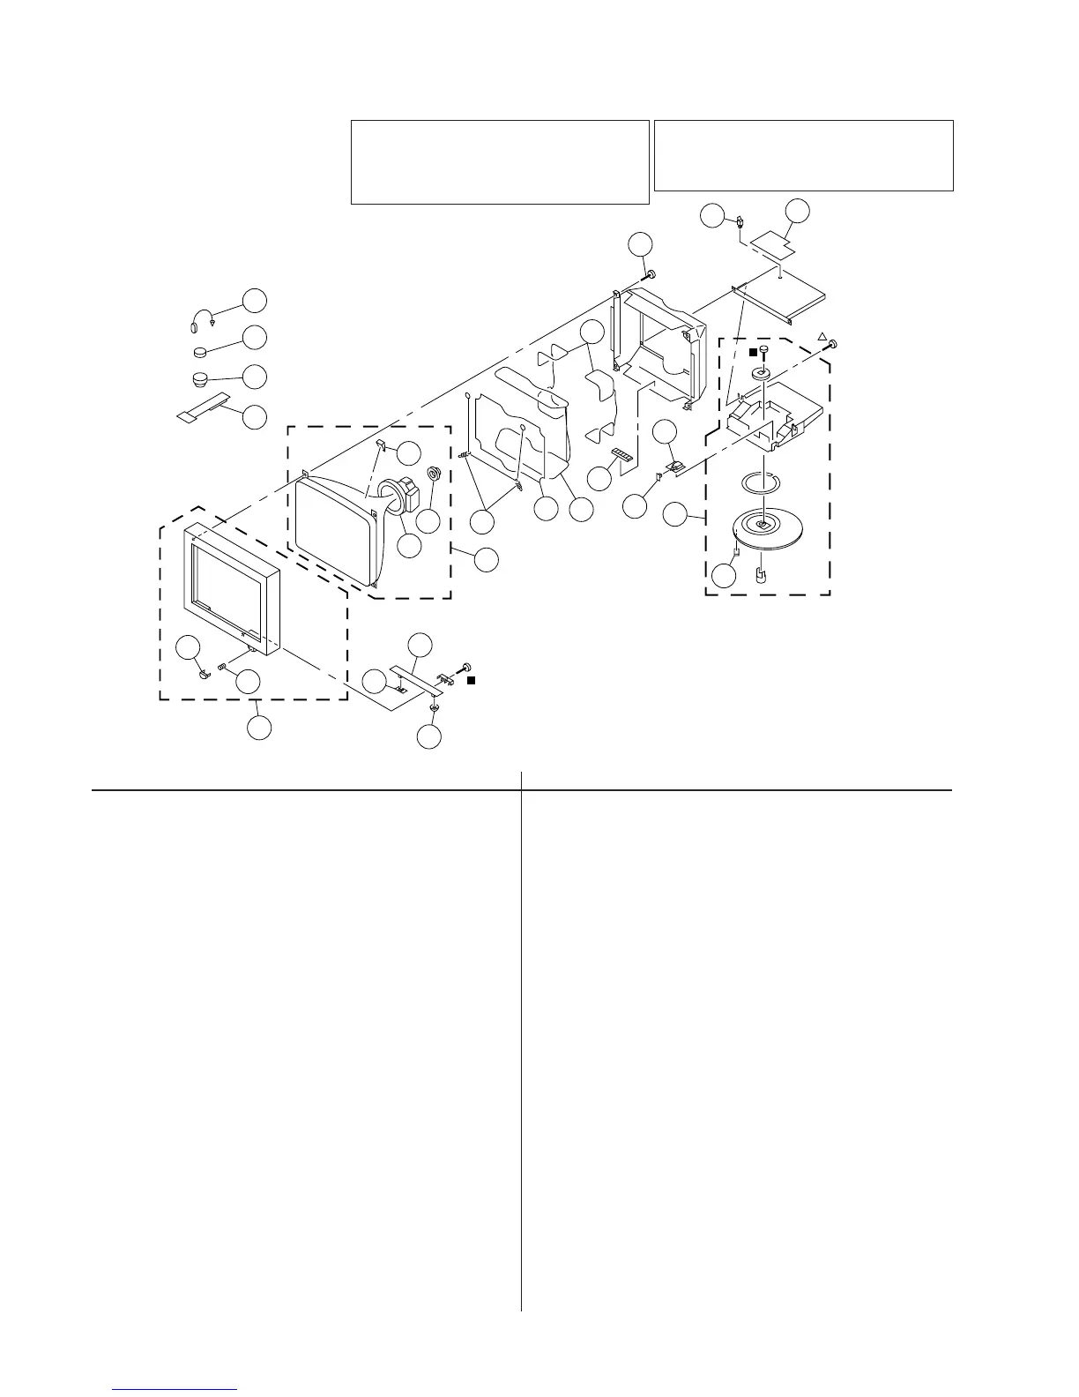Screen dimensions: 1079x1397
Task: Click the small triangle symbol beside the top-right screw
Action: (822, 337)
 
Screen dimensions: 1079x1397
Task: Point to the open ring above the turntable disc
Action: (761, 482)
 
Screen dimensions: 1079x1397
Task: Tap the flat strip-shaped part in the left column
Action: (202, 407)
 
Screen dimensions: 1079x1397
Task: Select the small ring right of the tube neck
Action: (434, 474)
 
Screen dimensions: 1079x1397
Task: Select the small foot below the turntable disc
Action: (760, 576)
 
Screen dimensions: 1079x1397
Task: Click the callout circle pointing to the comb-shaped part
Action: (599, 479)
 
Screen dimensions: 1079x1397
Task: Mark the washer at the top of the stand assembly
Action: (763, 374)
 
